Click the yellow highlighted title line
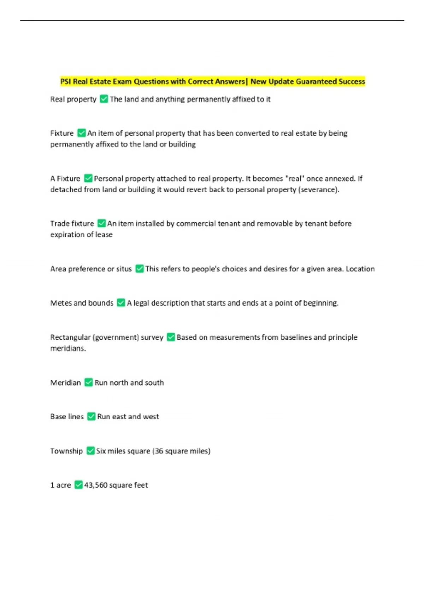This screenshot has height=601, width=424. pos(212,82)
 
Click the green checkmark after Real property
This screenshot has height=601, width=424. pos(104,99)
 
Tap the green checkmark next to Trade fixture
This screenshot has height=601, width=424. pos(101,223)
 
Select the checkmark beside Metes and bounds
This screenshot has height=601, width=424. pos(121,303)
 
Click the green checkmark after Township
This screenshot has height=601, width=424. pos(90,451)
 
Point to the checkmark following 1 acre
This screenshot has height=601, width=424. pos(78,485)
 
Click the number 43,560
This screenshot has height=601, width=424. pos(96,485)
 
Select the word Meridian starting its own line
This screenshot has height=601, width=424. pos(65,383)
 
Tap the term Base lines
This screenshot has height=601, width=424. pos(67,416)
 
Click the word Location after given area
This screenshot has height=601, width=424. pos(360,269)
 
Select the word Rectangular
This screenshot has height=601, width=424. pos(70,337)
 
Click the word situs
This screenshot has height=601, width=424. pos(124,269)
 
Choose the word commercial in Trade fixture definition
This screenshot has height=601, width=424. pos(196,223)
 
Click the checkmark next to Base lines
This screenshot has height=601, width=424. pos(91,416)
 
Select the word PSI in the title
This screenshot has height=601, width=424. pos(65,82)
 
